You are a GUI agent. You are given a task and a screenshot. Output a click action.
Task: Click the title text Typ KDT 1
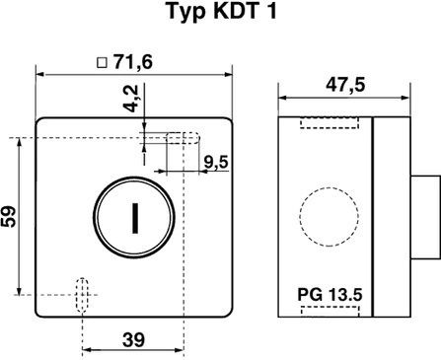point(222,12)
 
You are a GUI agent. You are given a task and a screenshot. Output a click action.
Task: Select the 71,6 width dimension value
point(133,61)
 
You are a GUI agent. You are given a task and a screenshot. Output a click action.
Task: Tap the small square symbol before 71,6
point(103,62)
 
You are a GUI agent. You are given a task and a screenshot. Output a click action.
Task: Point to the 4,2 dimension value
point(133,99)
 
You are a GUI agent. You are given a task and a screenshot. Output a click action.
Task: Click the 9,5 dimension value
point(215,162)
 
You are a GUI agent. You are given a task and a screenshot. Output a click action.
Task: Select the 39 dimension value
point(133,340)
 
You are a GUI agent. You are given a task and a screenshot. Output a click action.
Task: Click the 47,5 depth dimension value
point(345,86)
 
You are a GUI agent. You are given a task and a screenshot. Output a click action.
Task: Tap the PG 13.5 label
point(330,295)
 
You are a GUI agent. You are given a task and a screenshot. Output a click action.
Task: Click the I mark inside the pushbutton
point(135,218)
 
